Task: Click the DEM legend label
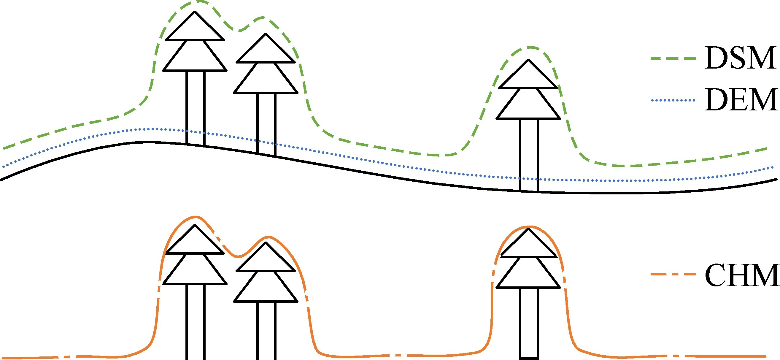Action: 741,100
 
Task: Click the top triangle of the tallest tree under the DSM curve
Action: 195,29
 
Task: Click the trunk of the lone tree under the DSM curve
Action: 529,154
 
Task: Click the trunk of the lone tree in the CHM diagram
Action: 529,322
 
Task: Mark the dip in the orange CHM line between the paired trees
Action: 238,256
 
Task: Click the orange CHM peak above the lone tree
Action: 528,227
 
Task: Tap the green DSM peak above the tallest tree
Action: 198,1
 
